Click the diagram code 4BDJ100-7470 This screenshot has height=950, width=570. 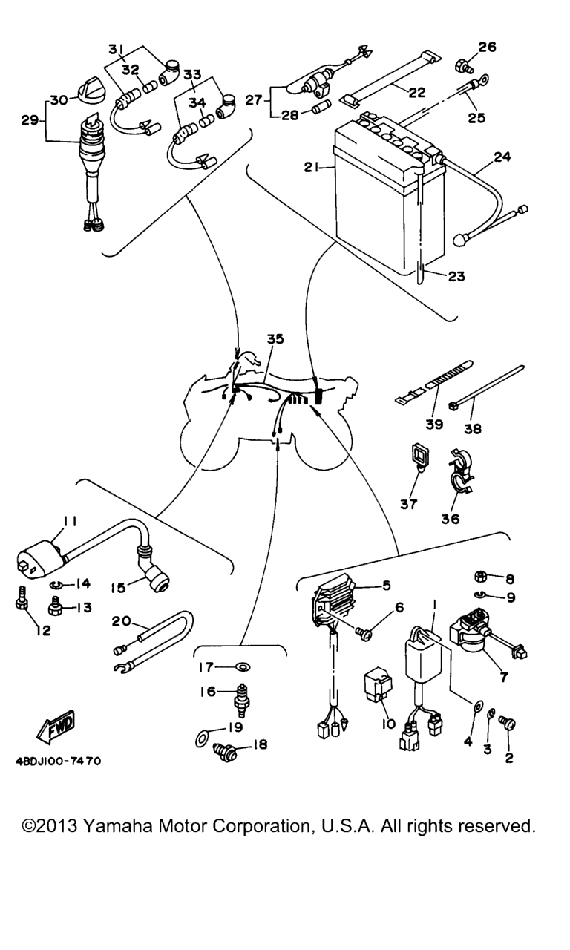coord(57,761)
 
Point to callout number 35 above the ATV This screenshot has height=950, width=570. coord(275,339)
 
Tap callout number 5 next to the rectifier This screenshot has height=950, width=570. coord(387,586)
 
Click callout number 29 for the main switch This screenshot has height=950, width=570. coord(29,119)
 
